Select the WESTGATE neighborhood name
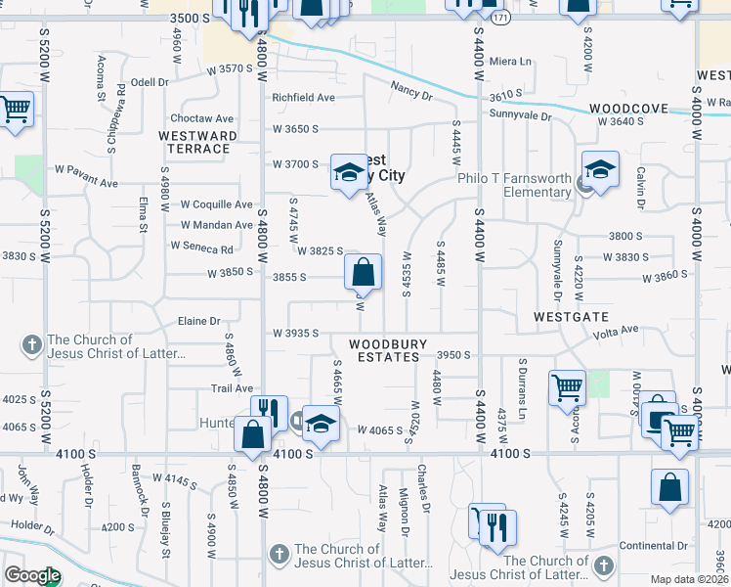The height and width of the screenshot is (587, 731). [572, 317]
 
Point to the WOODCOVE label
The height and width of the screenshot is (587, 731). [628, 111]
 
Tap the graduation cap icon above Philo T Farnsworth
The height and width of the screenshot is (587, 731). [600, 167]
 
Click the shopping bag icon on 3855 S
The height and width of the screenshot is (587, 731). [363, 270]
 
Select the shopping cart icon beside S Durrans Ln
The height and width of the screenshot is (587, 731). [566, 387]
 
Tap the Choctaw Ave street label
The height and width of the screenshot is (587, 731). [212, 117]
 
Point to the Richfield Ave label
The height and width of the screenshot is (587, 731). [303, 98]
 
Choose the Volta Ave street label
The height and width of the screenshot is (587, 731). [616, 332]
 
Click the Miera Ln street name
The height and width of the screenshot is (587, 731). [511, 61]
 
